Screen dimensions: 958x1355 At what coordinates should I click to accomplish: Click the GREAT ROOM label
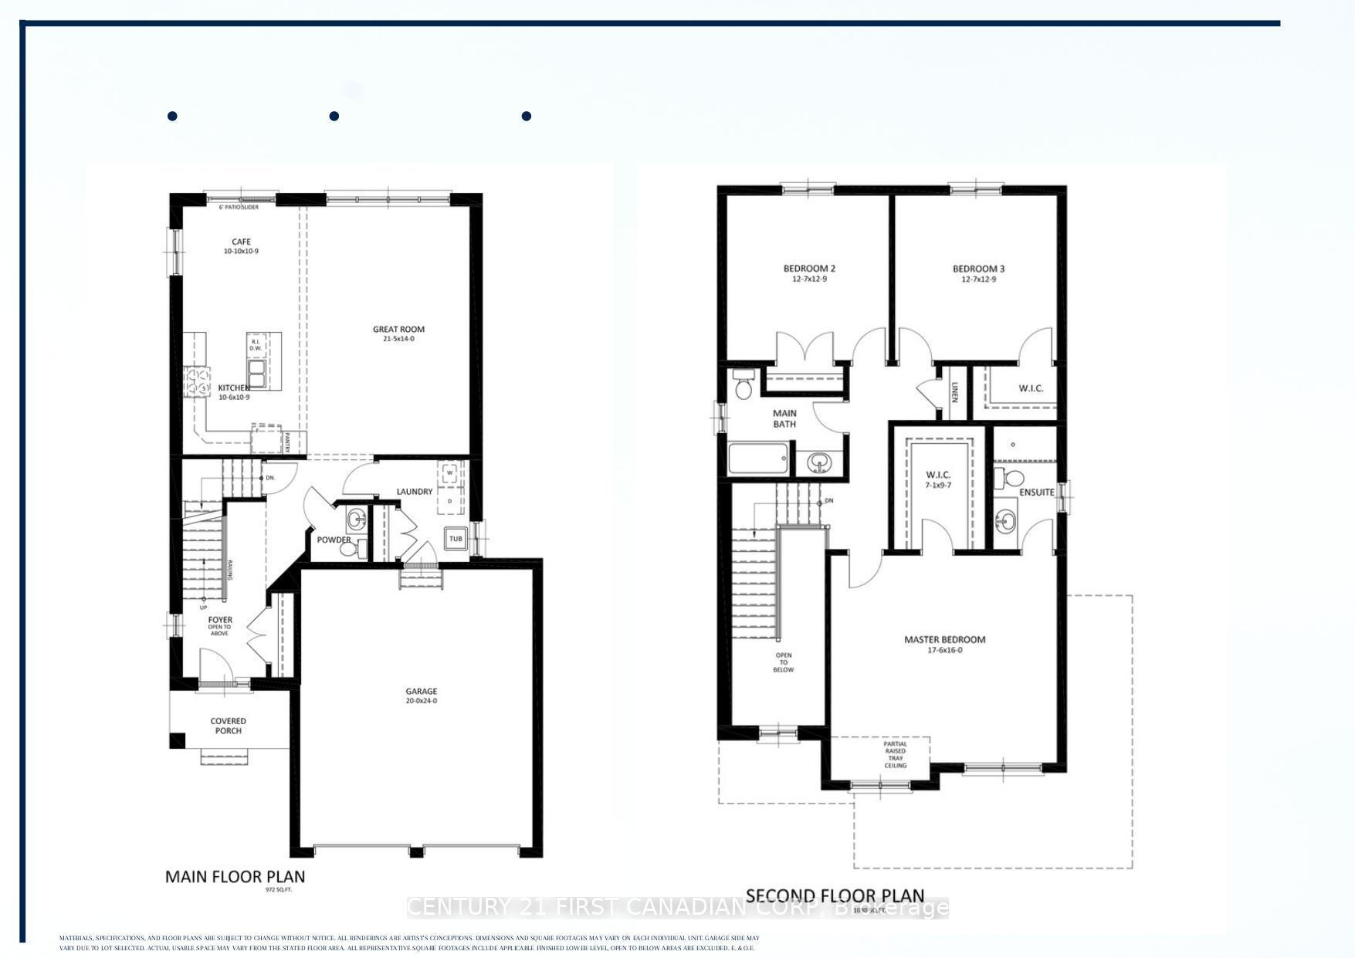coord(398,333)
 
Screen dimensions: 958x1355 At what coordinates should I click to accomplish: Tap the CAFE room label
coord(241,246)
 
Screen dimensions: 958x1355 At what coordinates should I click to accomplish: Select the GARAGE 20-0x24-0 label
coord(422,696)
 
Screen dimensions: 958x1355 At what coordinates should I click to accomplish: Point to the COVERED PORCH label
coord(228,726)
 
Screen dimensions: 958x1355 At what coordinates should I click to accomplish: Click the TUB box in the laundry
coord(456,539)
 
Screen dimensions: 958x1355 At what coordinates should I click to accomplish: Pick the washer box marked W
coord(449,472)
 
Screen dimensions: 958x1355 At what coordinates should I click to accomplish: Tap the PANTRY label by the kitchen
coord(286,442)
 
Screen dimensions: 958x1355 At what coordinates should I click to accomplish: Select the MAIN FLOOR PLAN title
coord(235,877)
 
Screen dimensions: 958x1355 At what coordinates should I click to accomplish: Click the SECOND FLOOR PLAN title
coord(835,896)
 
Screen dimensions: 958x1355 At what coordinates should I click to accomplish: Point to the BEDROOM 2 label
coord(809,273)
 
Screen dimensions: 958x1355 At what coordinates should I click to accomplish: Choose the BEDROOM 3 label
coord(978,273)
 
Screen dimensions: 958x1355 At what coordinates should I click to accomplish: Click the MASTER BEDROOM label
coord(945,644)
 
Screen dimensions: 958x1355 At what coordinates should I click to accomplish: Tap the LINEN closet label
coord(954,393)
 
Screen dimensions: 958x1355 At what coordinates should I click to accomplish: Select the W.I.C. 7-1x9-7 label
coord(938,479)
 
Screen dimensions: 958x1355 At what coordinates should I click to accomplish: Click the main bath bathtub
coord(760,459)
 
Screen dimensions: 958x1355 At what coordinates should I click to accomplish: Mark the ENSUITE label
coord(1036,492)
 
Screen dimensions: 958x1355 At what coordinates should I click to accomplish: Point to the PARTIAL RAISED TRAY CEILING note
coord(896,755)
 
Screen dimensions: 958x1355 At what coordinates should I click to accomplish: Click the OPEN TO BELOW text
coord(783,662)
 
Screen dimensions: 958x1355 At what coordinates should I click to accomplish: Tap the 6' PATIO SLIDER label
coord(239,207)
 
